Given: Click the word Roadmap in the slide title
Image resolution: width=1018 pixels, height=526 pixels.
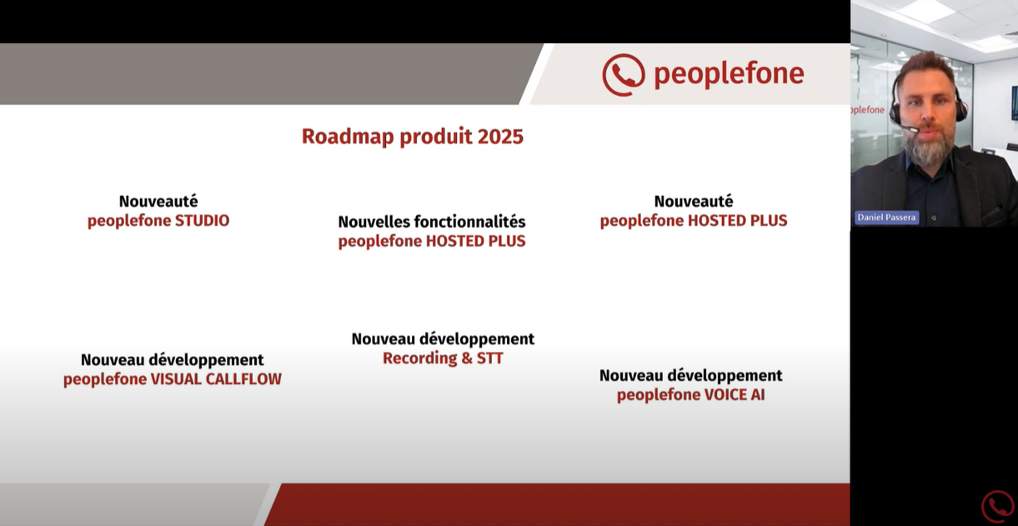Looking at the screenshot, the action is tap(349, 137).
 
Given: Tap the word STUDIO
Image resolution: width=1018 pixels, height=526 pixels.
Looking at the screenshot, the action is tap(203, 221).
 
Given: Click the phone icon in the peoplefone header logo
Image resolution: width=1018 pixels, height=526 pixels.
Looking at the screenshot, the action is tap(624, 75).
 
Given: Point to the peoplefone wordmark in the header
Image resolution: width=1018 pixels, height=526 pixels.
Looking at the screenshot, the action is tap(729, 75).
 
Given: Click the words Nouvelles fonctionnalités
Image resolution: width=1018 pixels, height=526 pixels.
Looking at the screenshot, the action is tap(432, 222).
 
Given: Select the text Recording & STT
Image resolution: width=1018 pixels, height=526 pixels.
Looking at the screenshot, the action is tap(443, 358).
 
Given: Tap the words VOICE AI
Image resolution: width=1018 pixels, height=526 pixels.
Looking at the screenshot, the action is tap(735, 395).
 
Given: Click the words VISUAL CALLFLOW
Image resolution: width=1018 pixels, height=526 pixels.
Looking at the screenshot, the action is tap(216, 379).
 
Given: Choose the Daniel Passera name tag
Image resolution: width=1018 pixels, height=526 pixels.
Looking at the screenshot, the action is tap(886, 218).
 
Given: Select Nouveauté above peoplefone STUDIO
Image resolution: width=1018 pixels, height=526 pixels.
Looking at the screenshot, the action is tap(158, 201).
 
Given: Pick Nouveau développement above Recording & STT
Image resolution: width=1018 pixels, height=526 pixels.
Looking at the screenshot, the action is tap(443, 339).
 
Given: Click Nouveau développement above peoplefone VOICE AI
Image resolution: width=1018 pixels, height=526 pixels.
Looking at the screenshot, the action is tap(691, 376).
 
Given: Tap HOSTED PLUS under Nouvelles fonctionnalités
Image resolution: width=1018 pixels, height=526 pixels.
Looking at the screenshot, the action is tap(475, 241).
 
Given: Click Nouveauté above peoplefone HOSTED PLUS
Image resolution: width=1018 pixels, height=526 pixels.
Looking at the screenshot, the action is tap(694, 201).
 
